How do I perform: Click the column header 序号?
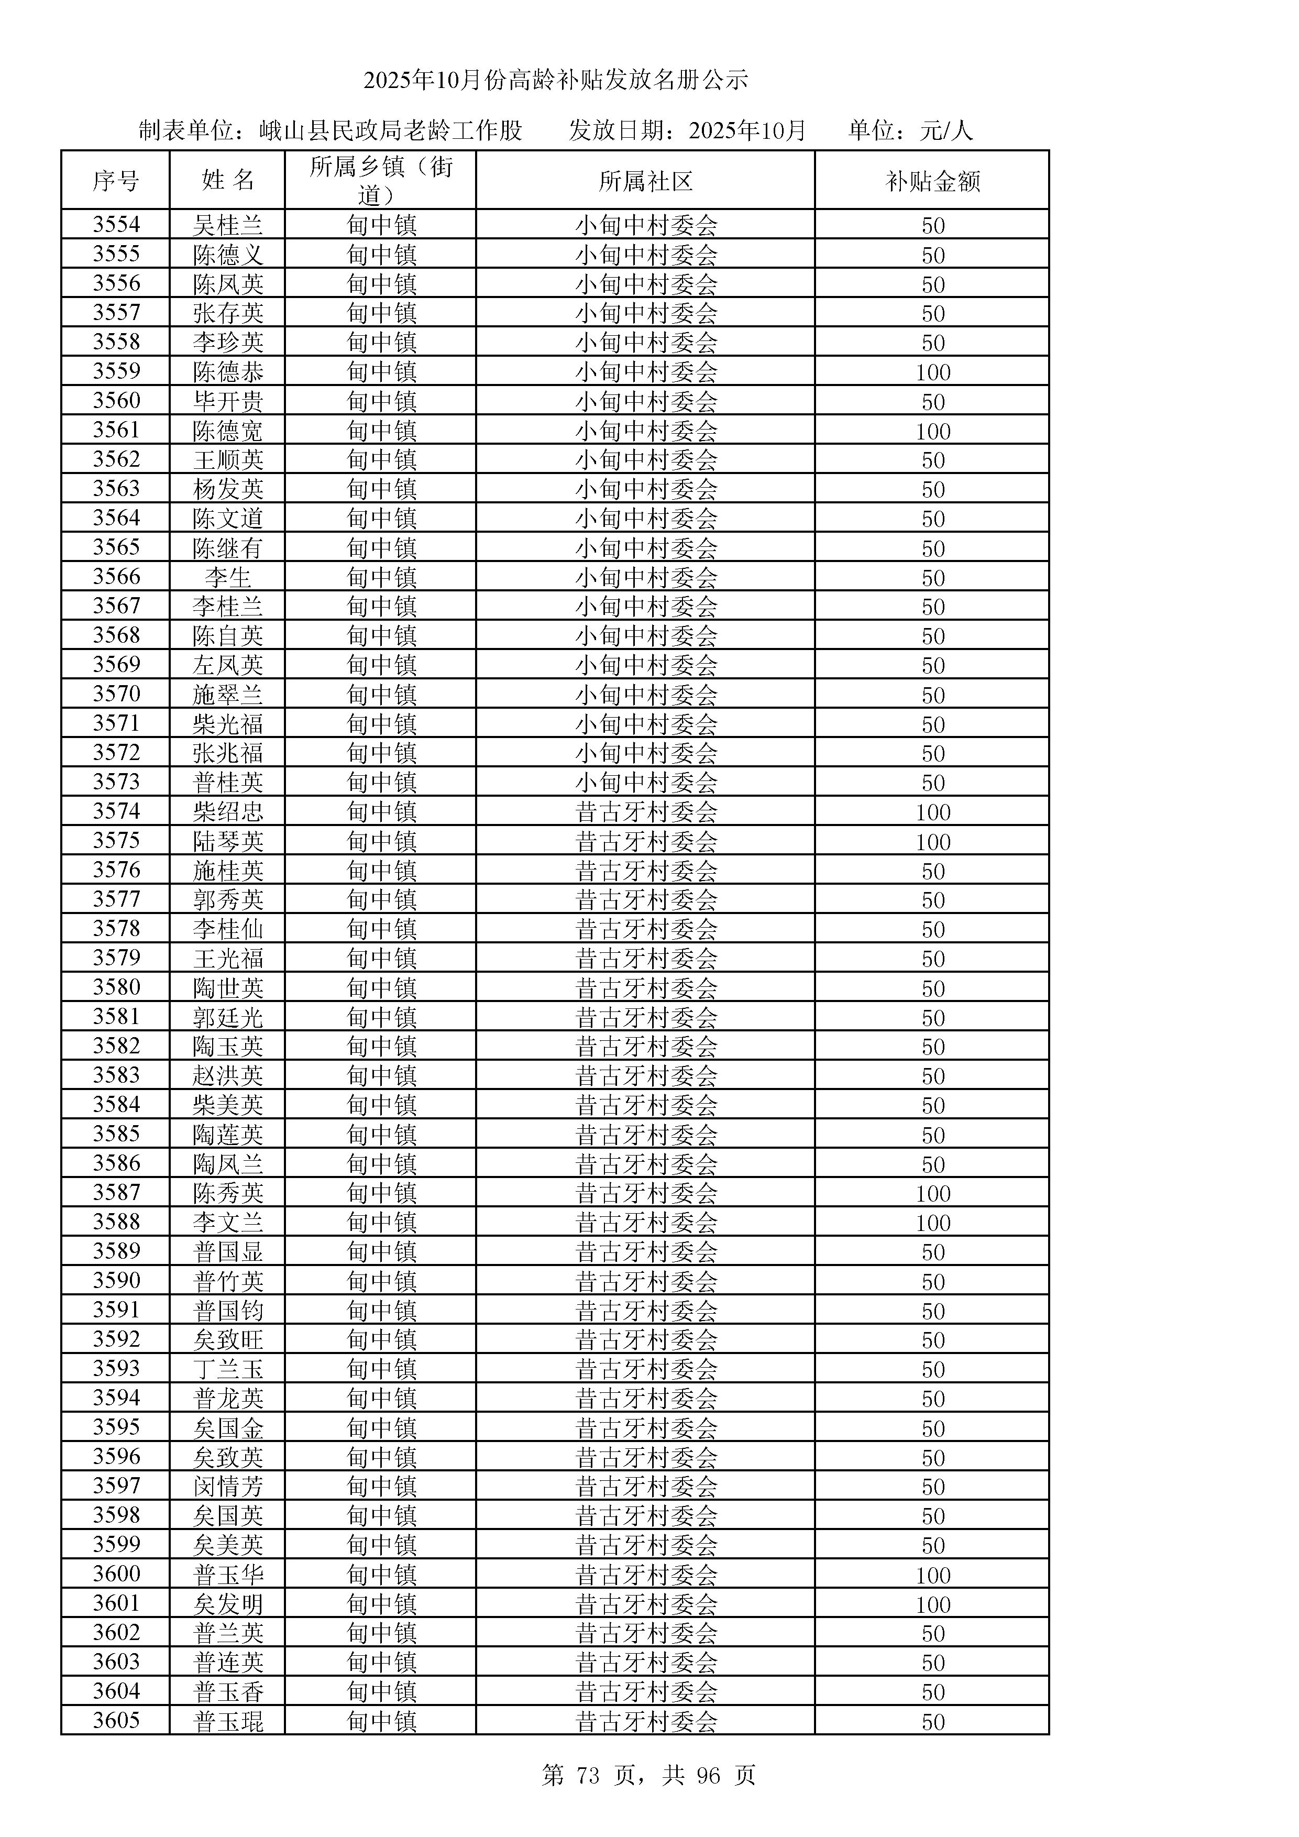click(115, 181)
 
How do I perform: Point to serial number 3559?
click(116, 371)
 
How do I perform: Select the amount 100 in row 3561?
click(933, 431)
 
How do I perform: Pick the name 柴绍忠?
click(228, 812)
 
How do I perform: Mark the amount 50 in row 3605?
click(933, 1722)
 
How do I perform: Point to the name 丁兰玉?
click(228, 1369)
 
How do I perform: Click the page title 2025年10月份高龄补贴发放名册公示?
click(556, 80)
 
